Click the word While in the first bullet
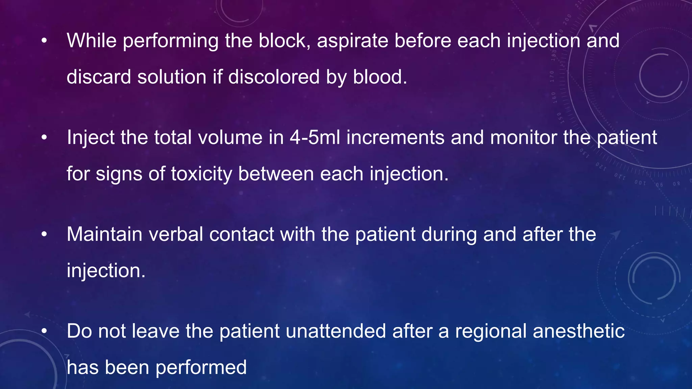[92, 41]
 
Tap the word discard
[99, 77]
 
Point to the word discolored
[274, 77]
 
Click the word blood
[380, 77]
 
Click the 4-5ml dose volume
[315, 138]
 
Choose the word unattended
[336, 331]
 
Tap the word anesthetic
[578, 331]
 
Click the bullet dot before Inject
[44, 138]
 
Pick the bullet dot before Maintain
[44, 235]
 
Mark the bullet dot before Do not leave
[44, 331]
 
